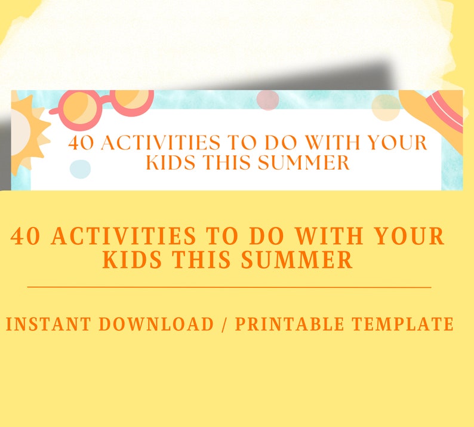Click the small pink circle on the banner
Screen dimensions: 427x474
click(267, 100)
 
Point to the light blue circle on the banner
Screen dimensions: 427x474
click(80, 168)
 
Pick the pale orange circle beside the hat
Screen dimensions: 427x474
click(386, 107)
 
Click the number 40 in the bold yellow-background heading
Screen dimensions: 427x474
click(27, 237)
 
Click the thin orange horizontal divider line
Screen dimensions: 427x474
click(229, 287)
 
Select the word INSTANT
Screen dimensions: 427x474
click(48, 324)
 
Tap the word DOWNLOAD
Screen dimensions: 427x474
click(156, 324)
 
